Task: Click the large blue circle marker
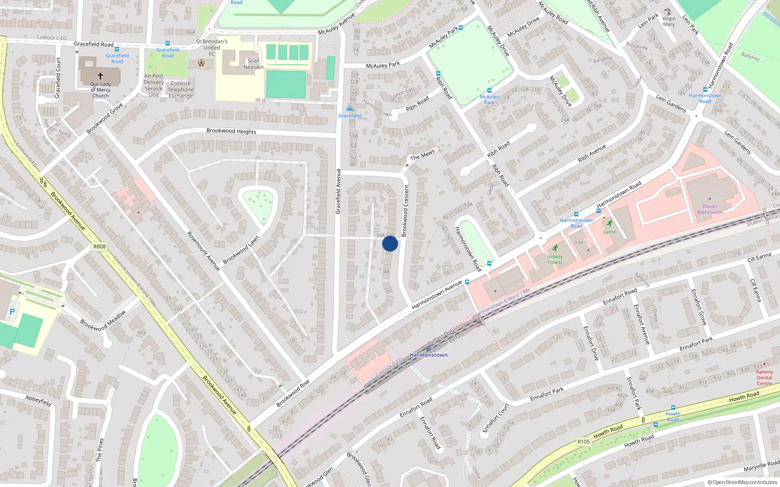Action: [390, 243]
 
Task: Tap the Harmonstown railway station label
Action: [429, 355]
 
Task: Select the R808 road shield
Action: [99, 246]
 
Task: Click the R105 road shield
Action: [584, 442]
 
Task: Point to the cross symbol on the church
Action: [100, 76]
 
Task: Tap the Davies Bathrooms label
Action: [710, 209]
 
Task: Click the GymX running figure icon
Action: [609, 223]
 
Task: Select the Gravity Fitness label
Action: [555, 260]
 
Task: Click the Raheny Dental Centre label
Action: [764, 377]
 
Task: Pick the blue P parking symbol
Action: [12, 312]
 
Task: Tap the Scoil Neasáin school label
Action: [253, 64]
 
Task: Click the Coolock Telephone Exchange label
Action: [180, 90]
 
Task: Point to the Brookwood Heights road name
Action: [231, 131]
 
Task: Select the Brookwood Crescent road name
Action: [405, 210]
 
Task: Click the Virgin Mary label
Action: [669, 21]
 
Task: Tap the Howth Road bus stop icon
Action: [673, 408]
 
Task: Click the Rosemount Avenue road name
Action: [204, 251]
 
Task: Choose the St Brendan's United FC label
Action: [212, 48]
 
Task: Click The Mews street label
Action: [422, 155]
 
